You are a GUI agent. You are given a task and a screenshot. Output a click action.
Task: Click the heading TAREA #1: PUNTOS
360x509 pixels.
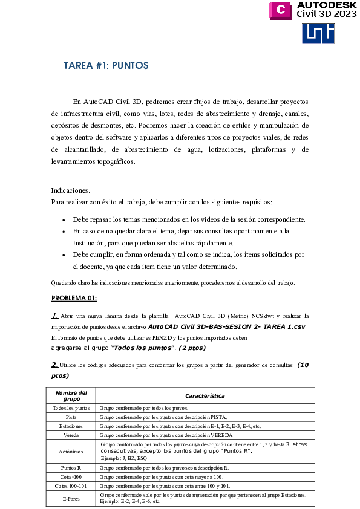tap(106, 65)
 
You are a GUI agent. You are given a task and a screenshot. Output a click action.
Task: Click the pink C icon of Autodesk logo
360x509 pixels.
tap(281, 10)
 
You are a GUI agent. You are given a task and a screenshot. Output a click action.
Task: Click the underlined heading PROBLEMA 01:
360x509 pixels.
tap(74, 298)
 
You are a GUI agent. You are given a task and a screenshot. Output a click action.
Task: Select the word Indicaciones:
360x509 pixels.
tap(70, 190)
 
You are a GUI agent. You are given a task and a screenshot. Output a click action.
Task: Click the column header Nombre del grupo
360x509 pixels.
tap(71, 396)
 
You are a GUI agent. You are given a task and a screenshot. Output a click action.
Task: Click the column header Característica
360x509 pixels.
tap(206, 396)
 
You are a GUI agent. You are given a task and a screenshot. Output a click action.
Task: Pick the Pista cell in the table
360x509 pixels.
tap(71, 417)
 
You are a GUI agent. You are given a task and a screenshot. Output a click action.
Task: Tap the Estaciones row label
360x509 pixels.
tap(71, 426)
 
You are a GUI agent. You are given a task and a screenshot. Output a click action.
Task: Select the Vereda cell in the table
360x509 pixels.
tap(71, 435)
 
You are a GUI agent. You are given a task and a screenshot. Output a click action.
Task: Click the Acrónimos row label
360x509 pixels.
tap(71, 452)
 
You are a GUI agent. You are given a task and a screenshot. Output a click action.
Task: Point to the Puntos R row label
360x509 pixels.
tap(71, 468)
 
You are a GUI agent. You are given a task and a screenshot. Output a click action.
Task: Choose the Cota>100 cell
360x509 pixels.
tap(71, 477)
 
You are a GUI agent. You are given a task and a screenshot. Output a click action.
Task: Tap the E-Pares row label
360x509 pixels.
tap(71, 498)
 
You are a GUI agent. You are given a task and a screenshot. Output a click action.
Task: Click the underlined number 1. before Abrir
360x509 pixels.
tap(55, 315)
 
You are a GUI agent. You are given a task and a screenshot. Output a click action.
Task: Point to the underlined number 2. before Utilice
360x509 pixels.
tap(54, 364)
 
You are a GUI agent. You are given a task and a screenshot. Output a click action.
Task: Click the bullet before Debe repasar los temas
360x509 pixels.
tap(64, 219)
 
